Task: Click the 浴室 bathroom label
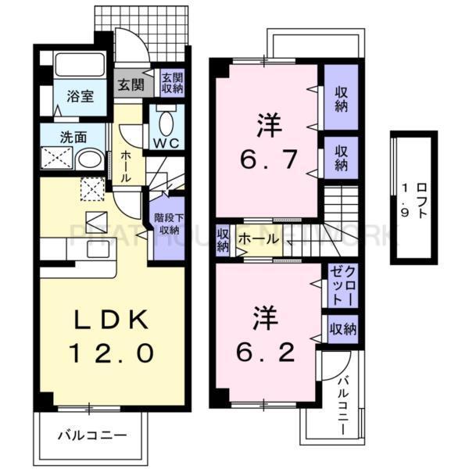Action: point(79,97)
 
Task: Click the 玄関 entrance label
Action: point(131,83)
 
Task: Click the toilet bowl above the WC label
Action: point(166,122)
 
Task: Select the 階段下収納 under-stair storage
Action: point(164,224)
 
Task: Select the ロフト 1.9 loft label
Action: point(414,199)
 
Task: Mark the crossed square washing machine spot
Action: point(58,159)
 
